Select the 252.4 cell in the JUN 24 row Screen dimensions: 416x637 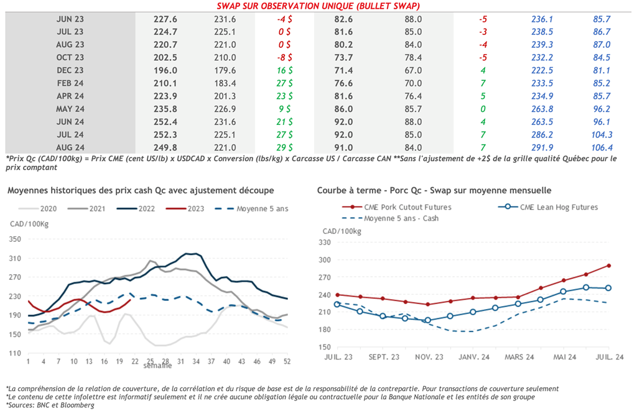click(165, 122)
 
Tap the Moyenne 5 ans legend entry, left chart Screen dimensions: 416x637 click(262, 209)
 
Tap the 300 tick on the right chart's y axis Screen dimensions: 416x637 click(325, 260)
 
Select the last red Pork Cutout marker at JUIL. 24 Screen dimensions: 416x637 click(608, 266)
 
